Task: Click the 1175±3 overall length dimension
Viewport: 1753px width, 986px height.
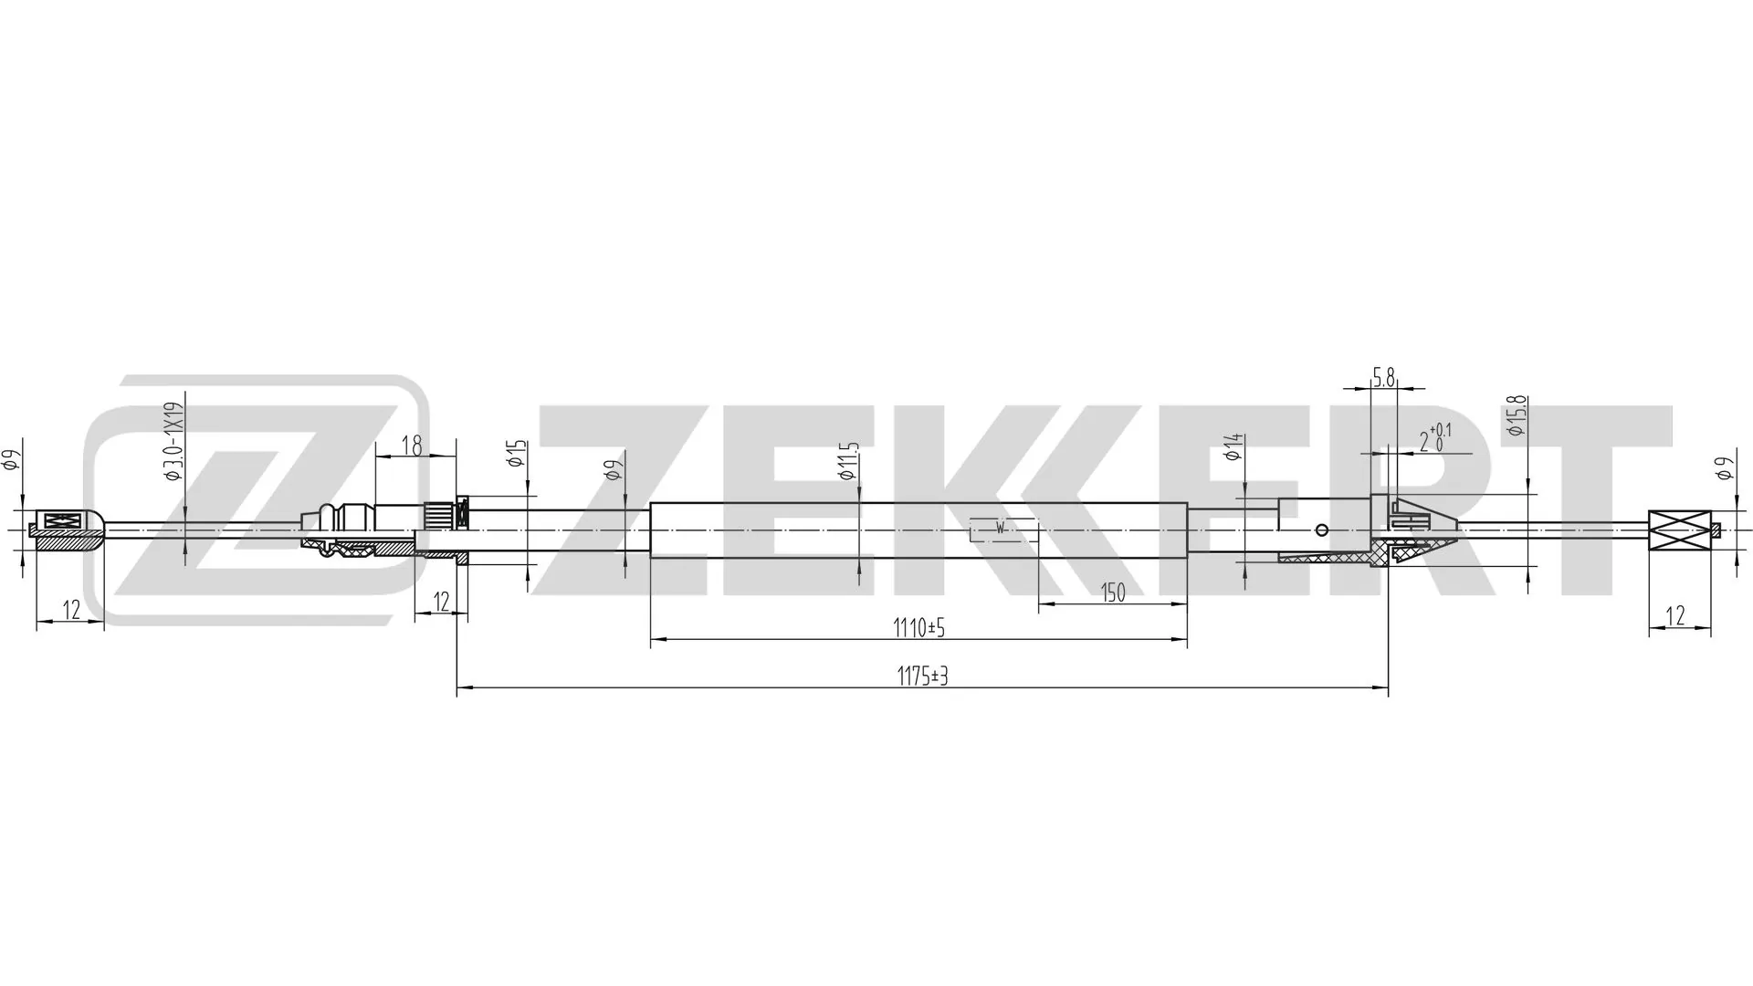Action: pos(922,677)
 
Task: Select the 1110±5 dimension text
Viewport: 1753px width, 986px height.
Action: pos(918,628)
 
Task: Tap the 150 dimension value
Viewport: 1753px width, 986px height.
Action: pos(1112,593)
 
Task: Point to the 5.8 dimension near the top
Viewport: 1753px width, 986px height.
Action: pos(1384,377)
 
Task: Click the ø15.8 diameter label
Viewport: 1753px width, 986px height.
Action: pos(1517,415)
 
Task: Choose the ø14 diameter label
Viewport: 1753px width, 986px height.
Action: pos(1233,447)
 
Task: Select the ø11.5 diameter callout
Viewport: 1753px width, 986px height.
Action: pos(849,461)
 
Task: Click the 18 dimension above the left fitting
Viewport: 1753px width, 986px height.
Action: pos(412,446)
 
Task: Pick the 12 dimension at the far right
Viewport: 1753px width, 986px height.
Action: pos(1675,616)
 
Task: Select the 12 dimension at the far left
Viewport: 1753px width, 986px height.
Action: pos(69,610)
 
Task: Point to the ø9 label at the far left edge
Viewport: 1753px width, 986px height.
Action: pos(11,460)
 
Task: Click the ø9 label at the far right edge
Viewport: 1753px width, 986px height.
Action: pos(1724,468)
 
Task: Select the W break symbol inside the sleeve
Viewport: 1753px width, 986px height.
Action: pos(1001,529)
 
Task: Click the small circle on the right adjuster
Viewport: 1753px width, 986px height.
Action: pos(1321,529)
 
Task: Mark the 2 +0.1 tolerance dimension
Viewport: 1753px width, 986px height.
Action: pos(1433,439)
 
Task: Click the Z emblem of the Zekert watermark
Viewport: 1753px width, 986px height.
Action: pos(256,500)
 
